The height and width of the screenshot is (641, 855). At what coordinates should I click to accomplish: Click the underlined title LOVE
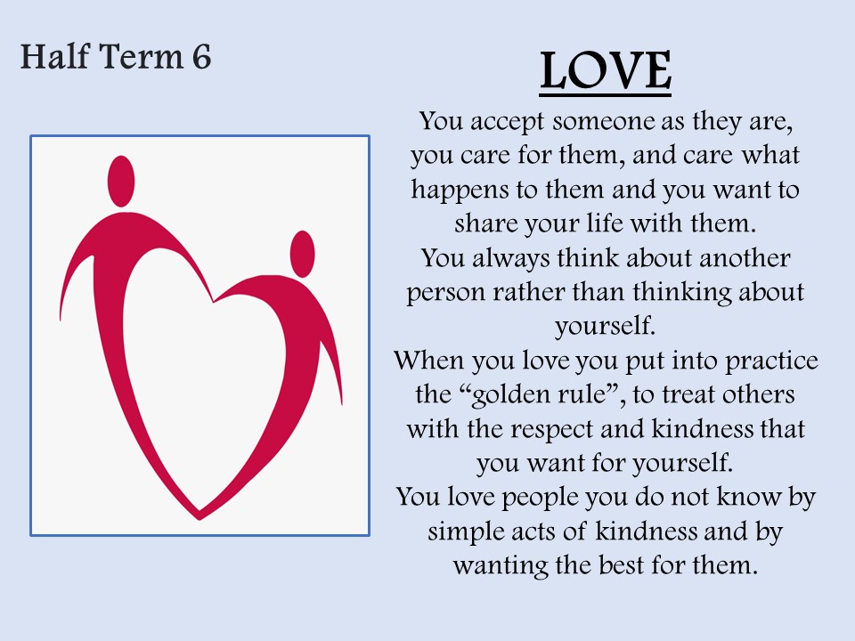(x=606, y=71)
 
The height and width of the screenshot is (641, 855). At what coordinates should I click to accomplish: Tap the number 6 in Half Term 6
(x=201, y=57)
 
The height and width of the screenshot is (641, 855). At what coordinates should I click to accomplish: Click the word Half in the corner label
(x=54, y=56)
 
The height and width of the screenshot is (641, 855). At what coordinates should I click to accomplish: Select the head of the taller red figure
(x=121, y=182)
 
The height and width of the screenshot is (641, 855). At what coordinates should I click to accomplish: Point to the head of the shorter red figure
(x=302, y=254)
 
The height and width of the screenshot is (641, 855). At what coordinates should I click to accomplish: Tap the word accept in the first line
(x=507, y=122)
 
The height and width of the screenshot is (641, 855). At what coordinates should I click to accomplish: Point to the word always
(x=510, y=259)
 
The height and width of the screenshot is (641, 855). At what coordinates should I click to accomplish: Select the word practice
(x=771, y=361)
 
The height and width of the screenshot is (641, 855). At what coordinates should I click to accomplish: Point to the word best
(x=621, y=565)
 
